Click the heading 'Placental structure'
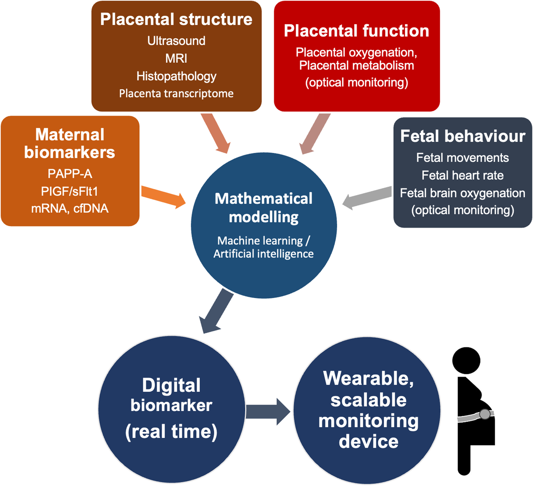click(x=176, y=19)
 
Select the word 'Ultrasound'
click(x=176, y=41)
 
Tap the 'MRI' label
click(x=176, y=58)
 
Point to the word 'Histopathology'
click(x=176, y=76)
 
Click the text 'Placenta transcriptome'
click(x=176, y=94)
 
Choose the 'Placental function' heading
click(x=356, y=31)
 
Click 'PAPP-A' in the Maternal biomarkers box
click(x=70, y=174)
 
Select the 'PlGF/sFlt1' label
click(x=70, y=191)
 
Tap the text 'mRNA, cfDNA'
click(x=70, y=208)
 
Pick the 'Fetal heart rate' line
click(x=462, y=175)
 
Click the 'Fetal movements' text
click(x=462, y=158)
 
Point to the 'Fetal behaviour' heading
click(x=462, y=136)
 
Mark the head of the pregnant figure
click(x=466, y=360)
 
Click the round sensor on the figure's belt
click(x=484, y=414)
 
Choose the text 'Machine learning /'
click(x=263, y=240)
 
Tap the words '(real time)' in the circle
click(x=171, y=432)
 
